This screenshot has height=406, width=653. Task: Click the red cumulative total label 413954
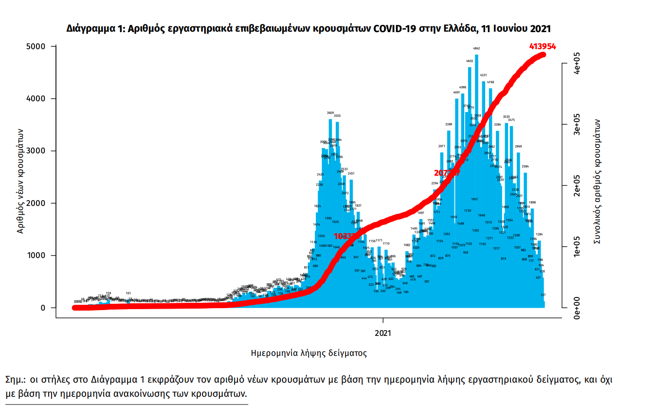[x=542, y=47]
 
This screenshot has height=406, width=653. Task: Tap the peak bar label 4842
[x=476, y=49]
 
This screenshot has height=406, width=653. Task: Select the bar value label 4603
[x=470, y=61]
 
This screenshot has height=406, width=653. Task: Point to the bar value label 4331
[x=483, y=75]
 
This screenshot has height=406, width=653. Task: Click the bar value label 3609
[x=330, y=113]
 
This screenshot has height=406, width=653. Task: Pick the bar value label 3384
[x=497, y=125]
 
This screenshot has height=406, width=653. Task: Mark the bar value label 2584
[x=525, y=166]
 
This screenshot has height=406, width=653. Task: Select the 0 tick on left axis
[x=42, y=308]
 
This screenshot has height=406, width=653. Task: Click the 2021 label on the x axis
[x=383, y=333]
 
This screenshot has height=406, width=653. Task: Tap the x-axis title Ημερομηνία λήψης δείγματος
[x=308, y=353]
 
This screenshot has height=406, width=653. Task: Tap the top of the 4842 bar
[x=476, y=55]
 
